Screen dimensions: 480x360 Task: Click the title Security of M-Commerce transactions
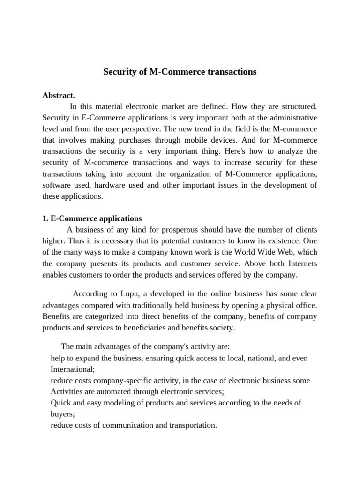coord(180,72)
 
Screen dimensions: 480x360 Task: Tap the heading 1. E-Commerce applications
coord(92,218)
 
